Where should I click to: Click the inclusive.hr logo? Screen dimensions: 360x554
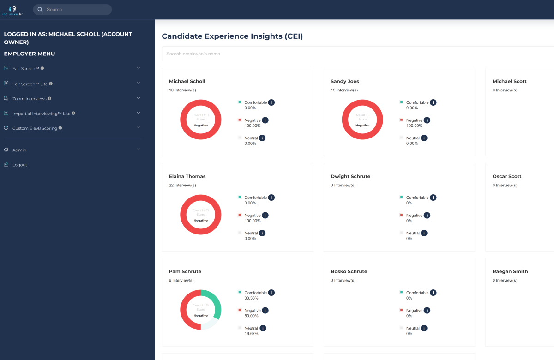[12, 10]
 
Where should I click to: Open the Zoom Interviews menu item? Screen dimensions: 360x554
[29, 99]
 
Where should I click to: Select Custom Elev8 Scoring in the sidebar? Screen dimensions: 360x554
[35, 128]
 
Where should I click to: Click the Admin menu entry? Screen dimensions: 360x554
[19, 150]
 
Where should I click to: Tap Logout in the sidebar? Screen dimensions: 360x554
[20, 165]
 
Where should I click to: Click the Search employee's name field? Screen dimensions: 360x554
[358, 54]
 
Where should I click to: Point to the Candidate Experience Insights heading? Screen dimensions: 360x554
[232, 36]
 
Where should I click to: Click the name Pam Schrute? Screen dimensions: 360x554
[185, 271]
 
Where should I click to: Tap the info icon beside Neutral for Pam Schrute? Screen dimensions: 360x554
[263, 328]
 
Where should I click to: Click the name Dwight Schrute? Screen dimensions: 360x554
[350, 176]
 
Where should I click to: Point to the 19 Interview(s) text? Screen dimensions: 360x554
[344, 90]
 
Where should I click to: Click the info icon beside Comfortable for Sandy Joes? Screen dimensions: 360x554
[433, 102]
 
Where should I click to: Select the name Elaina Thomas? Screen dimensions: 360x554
[187, 176]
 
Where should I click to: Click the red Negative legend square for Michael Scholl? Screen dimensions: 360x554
[240, 120]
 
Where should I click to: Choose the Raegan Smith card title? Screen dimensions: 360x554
[510, 271]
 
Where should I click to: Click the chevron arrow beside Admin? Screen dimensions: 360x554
[138, 150]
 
